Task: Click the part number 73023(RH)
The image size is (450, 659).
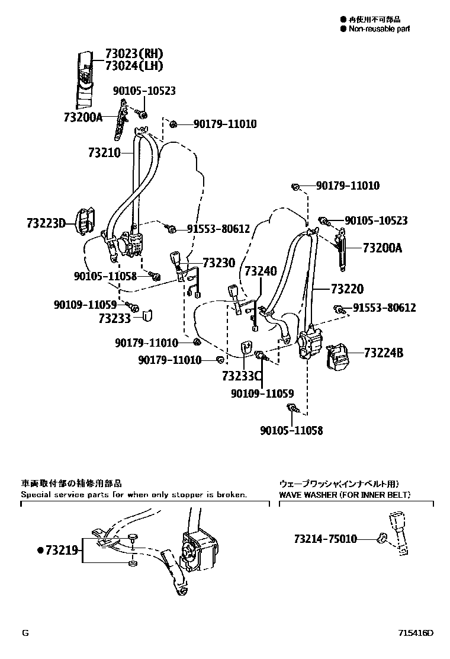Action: (x=134, y=53)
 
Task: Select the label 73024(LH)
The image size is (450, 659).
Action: (x=134, y=65)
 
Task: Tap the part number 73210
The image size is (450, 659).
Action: (x=104, y=153)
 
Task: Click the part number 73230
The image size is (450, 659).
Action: (x=218, y=263)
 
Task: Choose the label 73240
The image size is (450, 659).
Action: (x=260, y=271)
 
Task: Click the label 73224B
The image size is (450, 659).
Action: (x=383, y=353)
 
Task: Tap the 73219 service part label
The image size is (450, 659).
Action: (x=61, y=550)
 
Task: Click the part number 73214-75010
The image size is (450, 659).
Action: (x=325, y=539)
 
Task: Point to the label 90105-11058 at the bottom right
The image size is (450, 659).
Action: (x=291, y=430)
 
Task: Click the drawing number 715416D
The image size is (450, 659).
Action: (x=415, y=632)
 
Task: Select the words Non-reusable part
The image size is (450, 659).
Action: (x=379, y=28)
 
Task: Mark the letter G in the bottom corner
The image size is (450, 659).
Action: (x=25, y=632)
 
